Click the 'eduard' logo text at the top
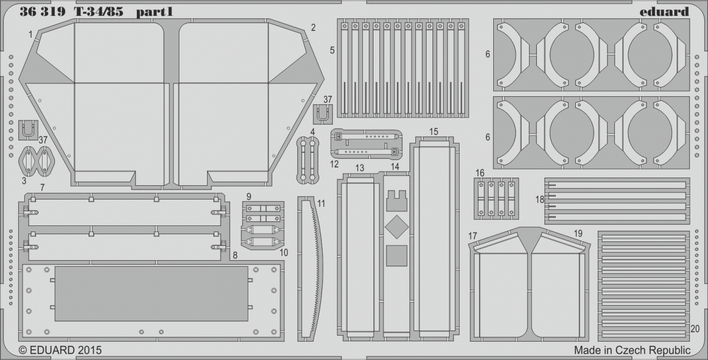(x=664, y=12)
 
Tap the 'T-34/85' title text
(x=99, y=12)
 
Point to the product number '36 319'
(x=42, y=12)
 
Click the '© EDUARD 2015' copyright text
(x=60, y=350)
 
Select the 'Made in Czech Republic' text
(x=632, y=350)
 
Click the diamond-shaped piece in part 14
(x=396, y=227)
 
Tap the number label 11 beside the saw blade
(x=321, y=204)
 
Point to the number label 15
(x=434, y=132)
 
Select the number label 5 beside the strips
(x=332, y=50)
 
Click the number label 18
(x=540, y=199)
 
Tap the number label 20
(x=695, y=329)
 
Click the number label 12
(x=334, y=164)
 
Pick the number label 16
(x=480, y=173)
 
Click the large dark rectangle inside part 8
(x=152, y=294)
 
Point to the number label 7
(x=42, y=188)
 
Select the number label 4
(x=313, y=132)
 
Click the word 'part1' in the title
(x=154, y=12)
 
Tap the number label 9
(x=249, y=197)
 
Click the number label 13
(x=360, y=168)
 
